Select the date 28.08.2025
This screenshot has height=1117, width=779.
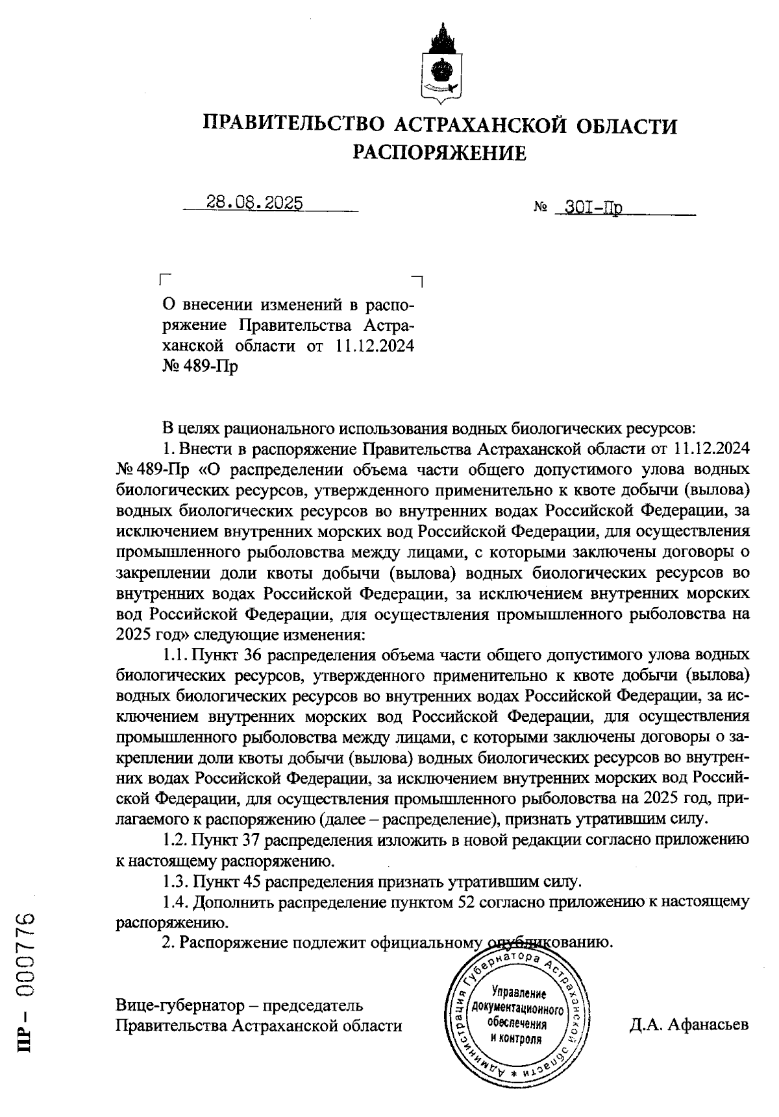[254, 203]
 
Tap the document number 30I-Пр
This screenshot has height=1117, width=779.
[593, 208]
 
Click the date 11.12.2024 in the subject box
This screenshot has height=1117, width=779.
[375, 346]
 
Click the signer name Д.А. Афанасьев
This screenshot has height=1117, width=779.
[689, 1025]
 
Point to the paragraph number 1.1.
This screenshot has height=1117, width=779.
[175, 655]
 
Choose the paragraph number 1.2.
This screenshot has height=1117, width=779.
[175, 840]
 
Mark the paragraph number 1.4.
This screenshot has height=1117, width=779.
[175, 902]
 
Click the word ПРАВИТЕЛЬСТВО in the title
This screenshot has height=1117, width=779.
[295, 125]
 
